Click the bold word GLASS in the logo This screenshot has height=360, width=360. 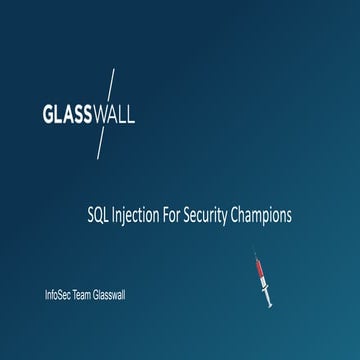click(x=67, y=113)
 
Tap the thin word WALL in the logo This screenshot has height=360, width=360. click(x=114, y=113)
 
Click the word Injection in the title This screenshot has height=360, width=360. click(x=137, y=214)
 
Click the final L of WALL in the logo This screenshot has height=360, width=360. click(x=130, y=113)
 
